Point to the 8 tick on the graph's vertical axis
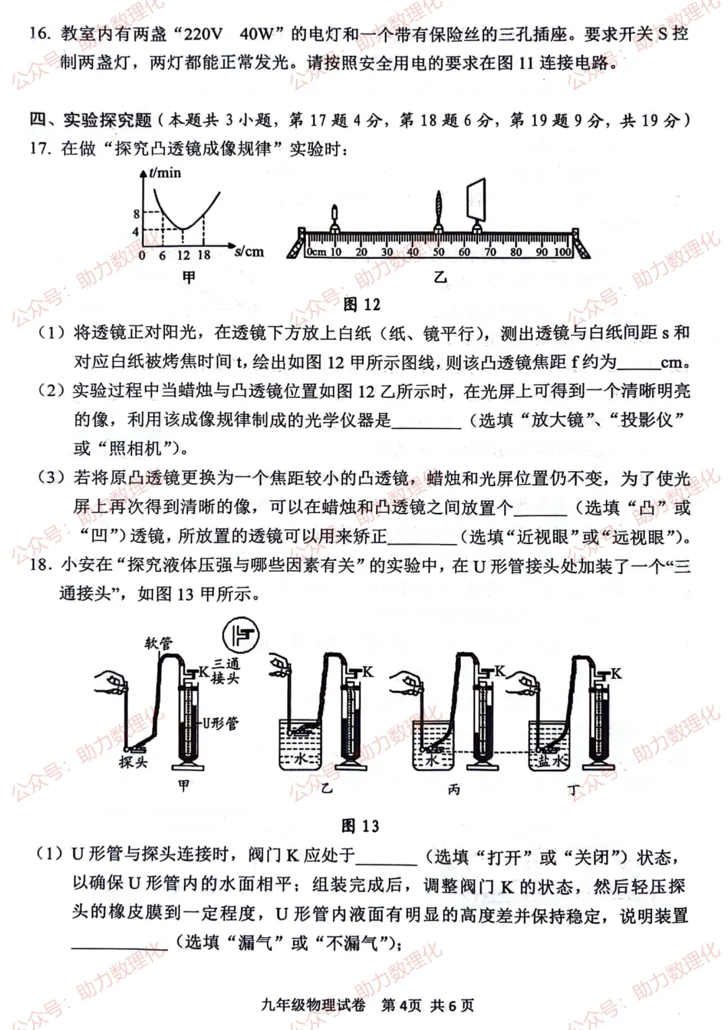point(136,214)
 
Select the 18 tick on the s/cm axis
point(204,255)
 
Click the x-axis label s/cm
point(249,252)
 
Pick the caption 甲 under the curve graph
point(188,277)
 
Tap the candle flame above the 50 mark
point(439,200)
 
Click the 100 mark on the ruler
point(563,252)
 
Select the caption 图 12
point(362,305)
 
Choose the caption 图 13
point(360,826)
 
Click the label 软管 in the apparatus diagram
point(158,642)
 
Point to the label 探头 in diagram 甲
point(133,762)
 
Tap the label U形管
point(220,723)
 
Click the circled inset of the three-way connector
point(241,635)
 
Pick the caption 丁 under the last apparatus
point(574,790)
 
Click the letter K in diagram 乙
point(367,671)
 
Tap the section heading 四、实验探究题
point(91,121)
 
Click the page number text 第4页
point(401,1005)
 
